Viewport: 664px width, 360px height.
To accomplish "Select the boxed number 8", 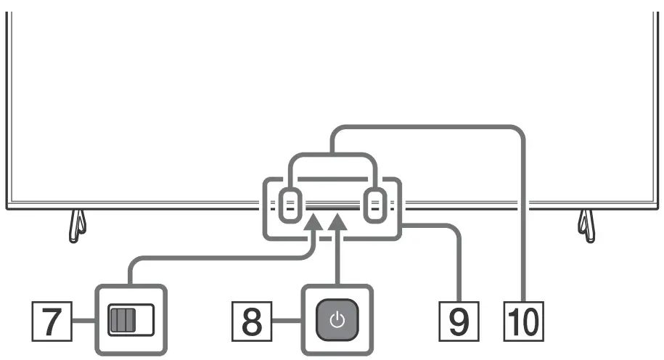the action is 251,322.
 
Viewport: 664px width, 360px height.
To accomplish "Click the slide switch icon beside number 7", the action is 131,320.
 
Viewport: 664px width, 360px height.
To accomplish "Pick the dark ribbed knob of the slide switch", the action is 120,320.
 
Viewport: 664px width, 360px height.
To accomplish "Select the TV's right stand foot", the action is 587,226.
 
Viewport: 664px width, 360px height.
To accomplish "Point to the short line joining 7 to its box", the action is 84,321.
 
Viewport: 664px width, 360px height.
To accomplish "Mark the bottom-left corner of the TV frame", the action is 7,209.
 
